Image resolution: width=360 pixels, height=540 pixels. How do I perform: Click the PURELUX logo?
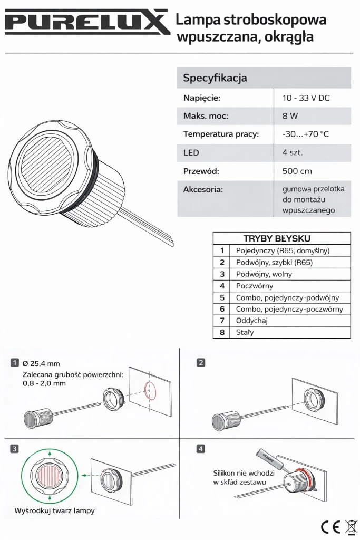(87, 22)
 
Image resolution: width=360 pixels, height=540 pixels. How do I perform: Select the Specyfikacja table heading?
(215, 78)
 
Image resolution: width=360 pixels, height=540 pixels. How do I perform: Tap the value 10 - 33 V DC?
(306, 98)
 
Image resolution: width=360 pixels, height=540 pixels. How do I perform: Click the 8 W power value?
(290, 116)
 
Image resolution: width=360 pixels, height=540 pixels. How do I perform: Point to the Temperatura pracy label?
(221, 134)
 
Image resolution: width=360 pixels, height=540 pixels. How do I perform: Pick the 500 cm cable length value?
(297, 171)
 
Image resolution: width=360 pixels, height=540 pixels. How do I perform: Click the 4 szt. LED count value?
(293, 152)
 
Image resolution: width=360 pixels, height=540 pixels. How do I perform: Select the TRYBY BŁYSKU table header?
(277, 238)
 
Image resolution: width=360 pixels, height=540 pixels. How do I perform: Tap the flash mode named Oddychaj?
(251, 321)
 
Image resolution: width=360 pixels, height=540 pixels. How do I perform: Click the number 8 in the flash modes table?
(222, 332)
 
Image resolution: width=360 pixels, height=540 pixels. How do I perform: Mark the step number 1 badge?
(14, 363)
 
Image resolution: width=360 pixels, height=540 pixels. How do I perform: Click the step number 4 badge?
(200, 449)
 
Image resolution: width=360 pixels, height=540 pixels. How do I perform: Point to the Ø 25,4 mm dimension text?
(41, 363)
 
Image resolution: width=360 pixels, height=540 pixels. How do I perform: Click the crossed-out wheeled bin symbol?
(351, 527)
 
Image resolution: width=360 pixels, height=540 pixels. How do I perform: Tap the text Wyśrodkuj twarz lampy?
(54, 510)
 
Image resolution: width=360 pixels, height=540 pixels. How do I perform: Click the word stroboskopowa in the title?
(275, 20)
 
